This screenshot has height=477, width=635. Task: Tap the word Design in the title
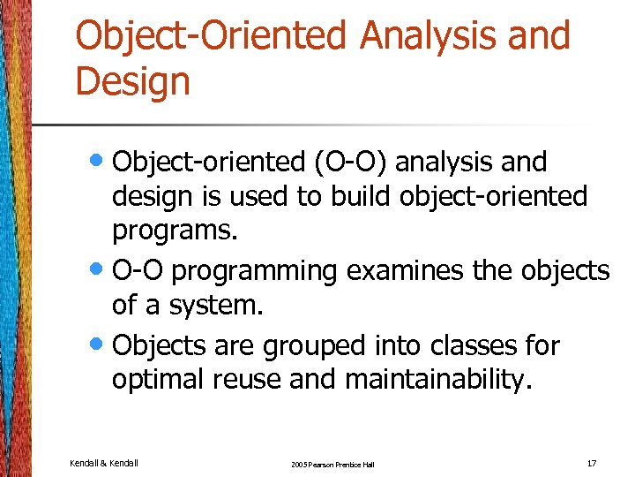(x=132, y=81)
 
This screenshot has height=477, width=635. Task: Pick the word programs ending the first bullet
(x=175, y=231)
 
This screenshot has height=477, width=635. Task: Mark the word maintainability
(x=438, y=380)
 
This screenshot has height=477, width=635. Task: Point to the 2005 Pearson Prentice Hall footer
(x=331, y=464)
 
